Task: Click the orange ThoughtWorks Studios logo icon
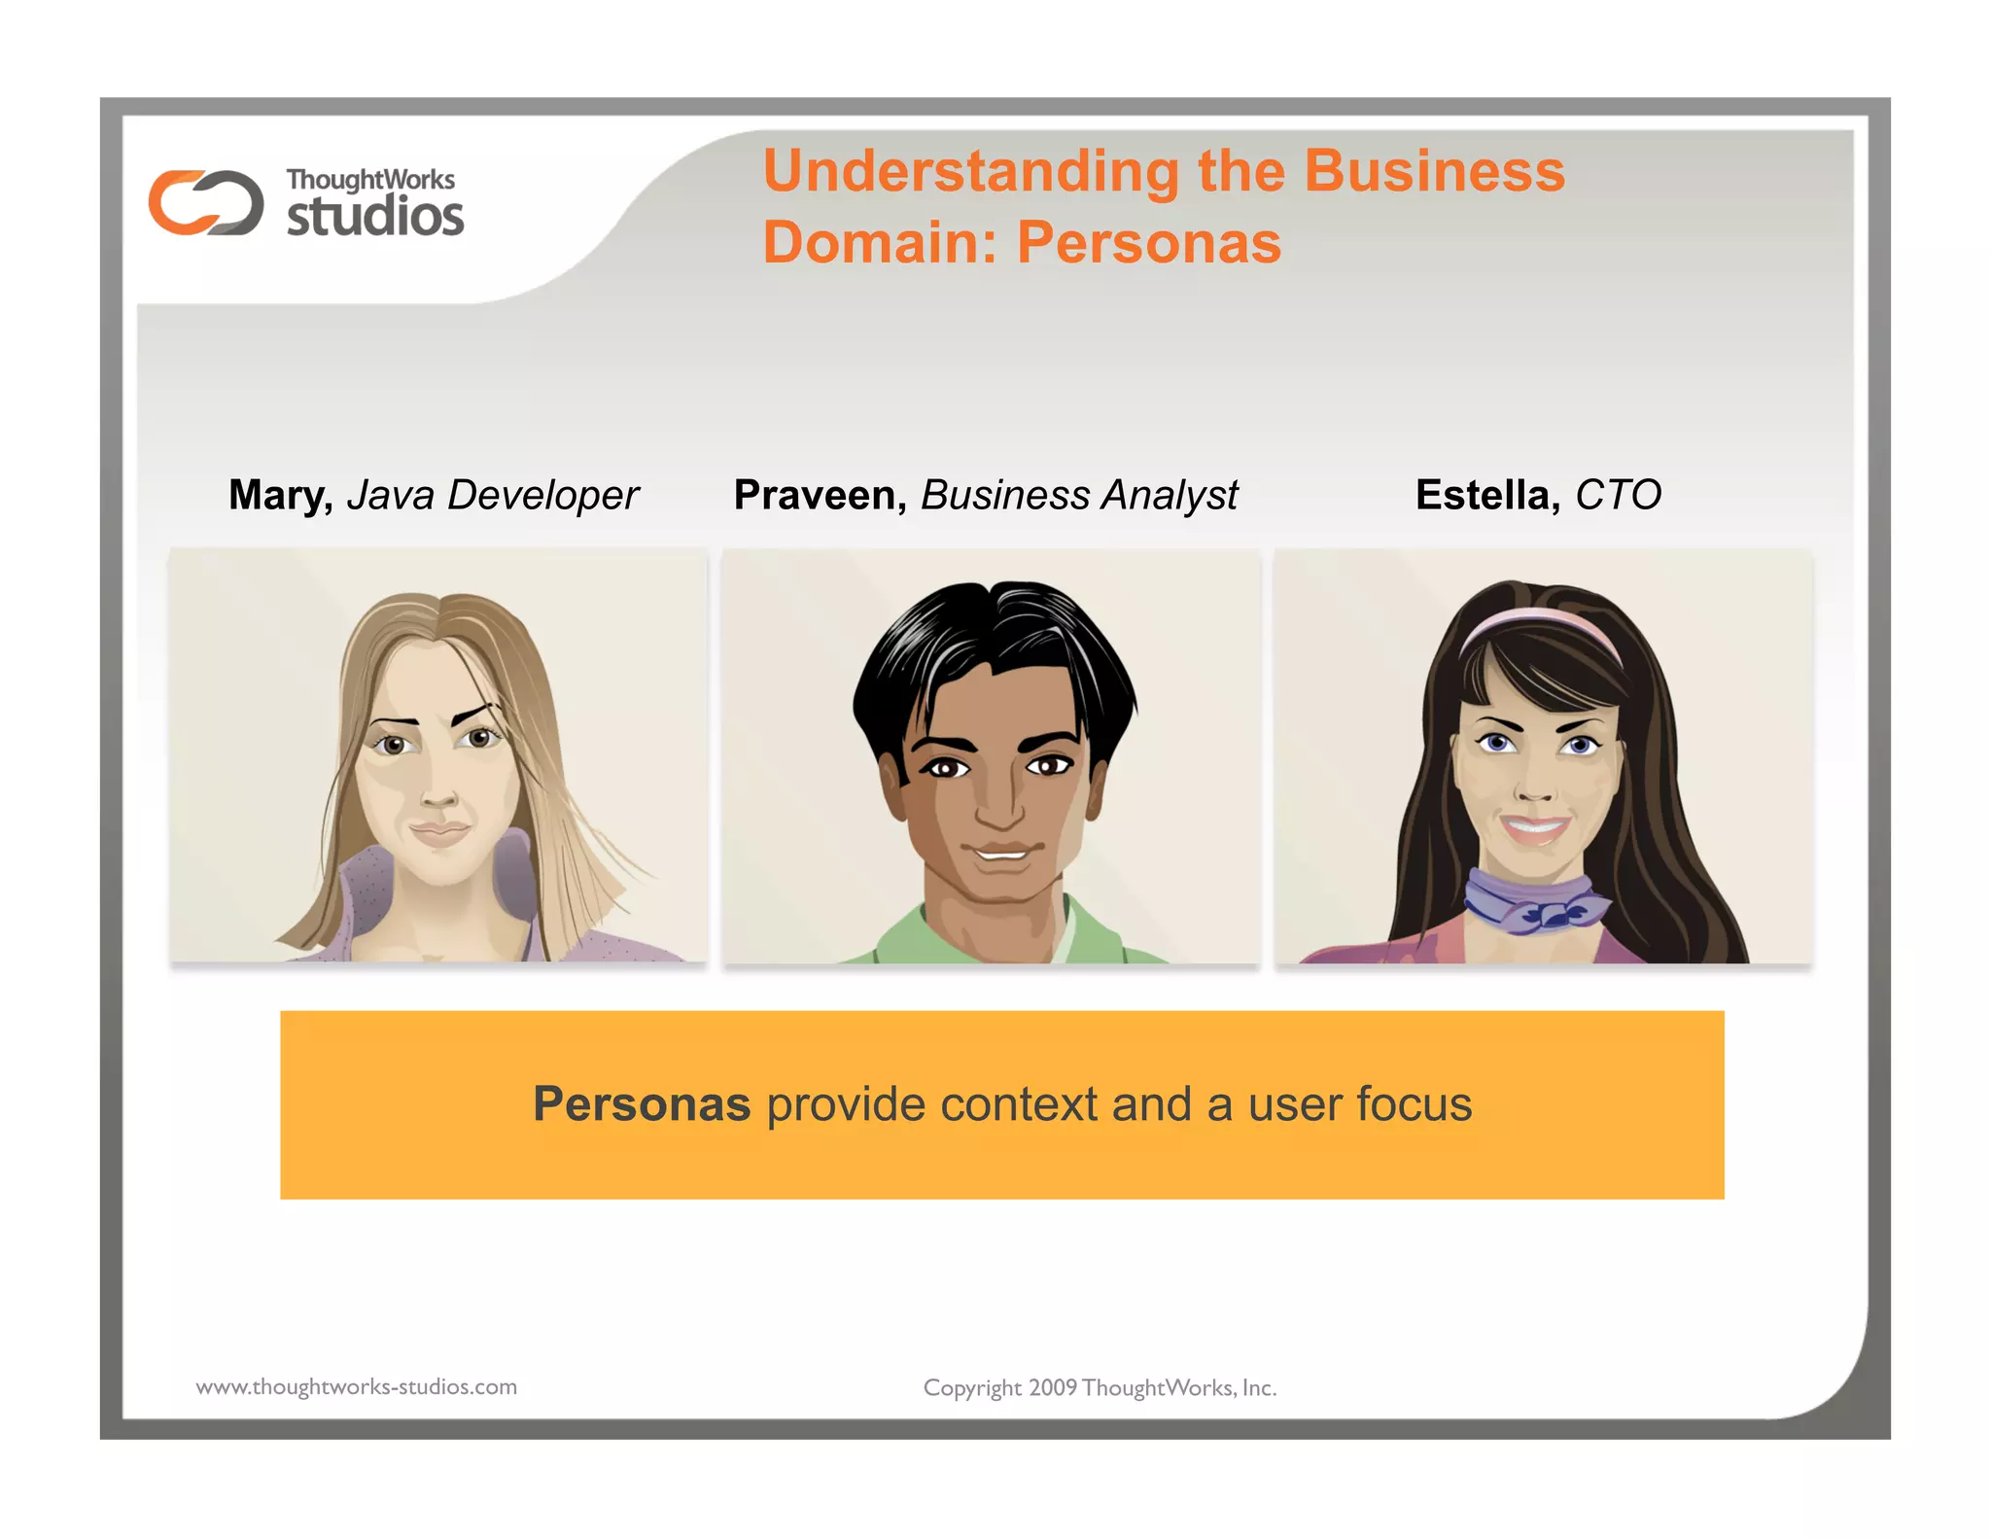click(x=205, y=202)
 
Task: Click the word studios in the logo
click(x=375, y=216)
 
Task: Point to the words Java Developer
click(x=493, y=496)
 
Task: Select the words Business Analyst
click(x=1079, y=496)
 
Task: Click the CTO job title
click(x=1619, y=495)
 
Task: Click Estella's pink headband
click(x=1540, y=618)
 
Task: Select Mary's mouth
click(x=439, y=832)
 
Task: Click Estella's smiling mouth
click(x=1535, y=828)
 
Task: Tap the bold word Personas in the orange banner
click(x=642, y=1104)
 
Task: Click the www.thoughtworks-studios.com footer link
click(x=357, y=1387)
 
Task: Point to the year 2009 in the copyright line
click(x=1052, y=1388)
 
